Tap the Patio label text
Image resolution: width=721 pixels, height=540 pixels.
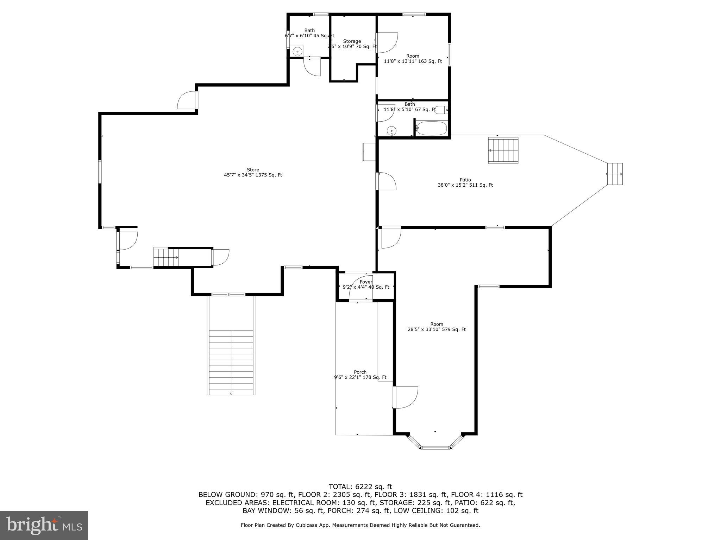pos(465,180)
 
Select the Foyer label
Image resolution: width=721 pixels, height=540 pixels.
pos(366,282)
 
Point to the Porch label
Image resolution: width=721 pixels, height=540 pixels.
pos(360,372)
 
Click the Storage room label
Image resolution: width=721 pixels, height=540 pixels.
pos(352,41)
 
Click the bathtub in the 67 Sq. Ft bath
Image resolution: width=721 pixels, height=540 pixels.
pos(432,128)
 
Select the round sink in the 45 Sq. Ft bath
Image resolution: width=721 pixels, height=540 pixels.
pos(297,51)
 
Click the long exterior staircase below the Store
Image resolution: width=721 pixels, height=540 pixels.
pos(231,362)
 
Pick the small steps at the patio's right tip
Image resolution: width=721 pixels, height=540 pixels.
pos(615,174)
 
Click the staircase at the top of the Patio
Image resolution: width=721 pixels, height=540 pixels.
pos(503,150)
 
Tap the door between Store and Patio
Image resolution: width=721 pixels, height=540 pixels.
pos(387,181)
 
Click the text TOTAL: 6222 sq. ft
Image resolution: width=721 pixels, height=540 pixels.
pos(360,487)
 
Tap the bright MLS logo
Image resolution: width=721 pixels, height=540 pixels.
pos(44,525)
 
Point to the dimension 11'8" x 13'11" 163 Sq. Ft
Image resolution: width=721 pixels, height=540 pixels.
pos(413,61)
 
